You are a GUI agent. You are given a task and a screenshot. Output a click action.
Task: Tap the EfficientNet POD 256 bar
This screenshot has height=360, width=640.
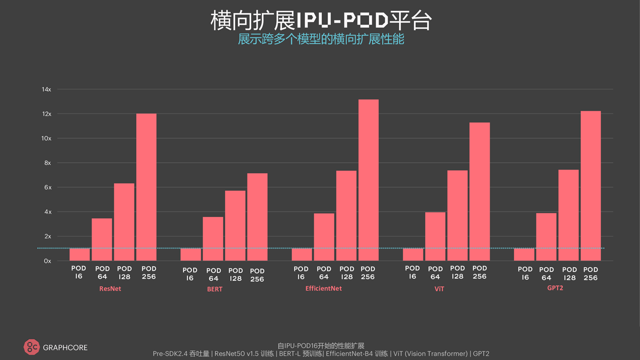[368, 180]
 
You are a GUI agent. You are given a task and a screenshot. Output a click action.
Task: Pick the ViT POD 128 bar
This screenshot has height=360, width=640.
[457, 215]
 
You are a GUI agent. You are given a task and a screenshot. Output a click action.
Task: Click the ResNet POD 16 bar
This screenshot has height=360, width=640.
[79, 254]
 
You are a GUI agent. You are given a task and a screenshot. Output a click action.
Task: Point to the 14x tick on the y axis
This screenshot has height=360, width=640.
[46, 89]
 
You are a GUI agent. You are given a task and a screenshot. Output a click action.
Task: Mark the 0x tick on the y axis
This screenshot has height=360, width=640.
[46, 261]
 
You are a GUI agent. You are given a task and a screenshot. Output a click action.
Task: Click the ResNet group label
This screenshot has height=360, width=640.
[110, 289]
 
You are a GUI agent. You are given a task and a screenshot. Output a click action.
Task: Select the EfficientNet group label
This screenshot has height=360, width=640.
[323, 288]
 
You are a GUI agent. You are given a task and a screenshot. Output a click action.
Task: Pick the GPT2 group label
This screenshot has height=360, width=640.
[555, 288]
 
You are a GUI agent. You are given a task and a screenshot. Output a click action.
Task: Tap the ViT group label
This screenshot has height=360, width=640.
[439, 289]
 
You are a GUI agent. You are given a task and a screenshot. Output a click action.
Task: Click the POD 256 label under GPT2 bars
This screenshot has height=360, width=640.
[590, 273]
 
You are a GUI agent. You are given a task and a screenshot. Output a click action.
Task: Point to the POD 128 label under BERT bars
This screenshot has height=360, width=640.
[235, 274]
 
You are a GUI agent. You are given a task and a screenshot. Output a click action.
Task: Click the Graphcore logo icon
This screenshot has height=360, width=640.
[31, 347]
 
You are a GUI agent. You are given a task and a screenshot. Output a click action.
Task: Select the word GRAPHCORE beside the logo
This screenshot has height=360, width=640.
[65, 347]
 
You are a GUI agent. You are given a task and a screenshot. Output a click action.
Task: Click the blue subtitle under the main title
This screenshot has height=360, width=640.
[320, 39]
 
